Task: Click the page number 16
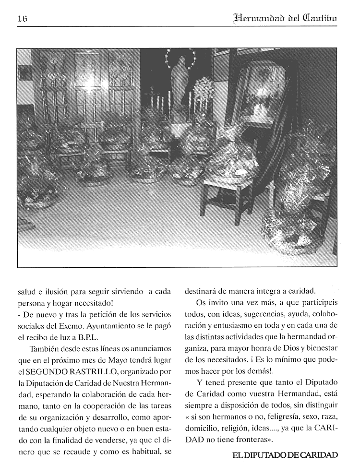(22, 19)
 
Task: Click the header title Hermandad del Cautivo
(285, 18)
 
